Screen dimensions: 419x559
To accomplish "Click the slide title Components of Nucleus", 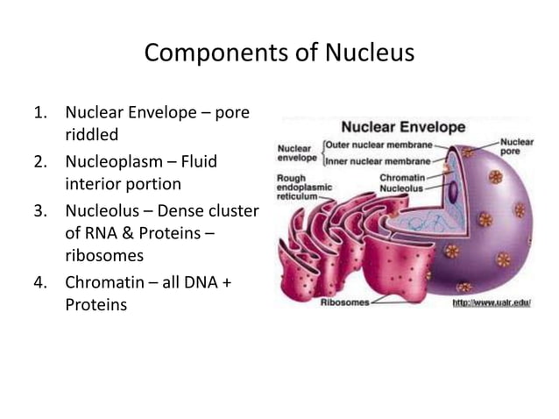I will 279,53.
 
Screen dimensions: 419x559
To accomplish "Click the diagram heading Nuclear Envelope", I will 403,127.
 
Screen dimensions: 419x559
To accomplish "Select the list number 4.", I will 39,283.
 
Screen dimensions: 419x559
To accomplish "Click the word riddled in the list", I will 91,136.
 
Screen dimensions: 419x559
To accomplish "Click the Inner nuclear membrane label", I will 379,161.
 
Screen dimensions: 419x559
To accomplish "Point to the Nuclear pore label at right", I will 517,146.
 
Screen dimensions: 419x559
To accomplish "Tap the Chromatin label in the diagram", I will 402,177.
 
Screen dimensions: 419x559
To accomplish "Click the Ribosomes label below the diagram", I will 343,302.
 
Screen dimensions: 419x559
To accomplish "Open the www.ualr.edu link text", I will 492,302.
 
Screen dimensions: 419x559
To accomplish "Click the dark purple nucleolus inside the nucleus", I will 453,190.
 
